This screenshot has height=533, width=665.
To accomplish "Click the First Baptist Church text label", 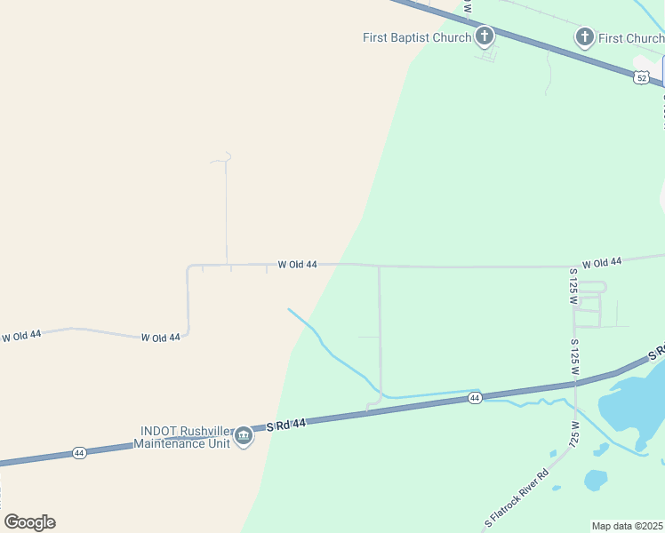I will tap(416, 37).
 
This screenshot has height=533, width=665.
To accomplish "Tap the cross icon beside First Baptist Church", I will tap(484, 36).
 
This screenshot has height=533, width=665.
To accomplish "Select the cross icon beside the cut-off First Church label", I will tap(584, 37).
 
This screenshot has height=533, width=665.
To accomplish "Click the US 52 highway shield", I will tap(641, 78).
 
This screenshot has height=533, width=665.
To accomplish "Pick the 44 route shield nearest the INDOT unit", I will tap(79, 453).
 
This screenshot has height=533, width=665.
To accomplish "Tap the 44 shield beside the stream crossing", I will tap(475, 399).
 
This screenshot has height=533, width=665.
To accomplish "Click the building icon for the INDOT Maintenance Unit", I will tap(244, 437).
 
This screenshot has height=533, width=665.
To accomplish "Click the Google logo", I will tap(29, 522).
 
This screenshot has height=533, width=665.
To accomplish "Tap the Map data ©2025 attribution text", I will tap(628, 526).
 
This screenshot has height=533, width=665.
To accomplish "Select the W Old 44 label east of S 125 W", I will tap(603, 262).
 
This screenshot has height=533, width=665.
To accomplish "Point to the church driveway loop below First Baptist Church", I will tap(488, 54).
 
